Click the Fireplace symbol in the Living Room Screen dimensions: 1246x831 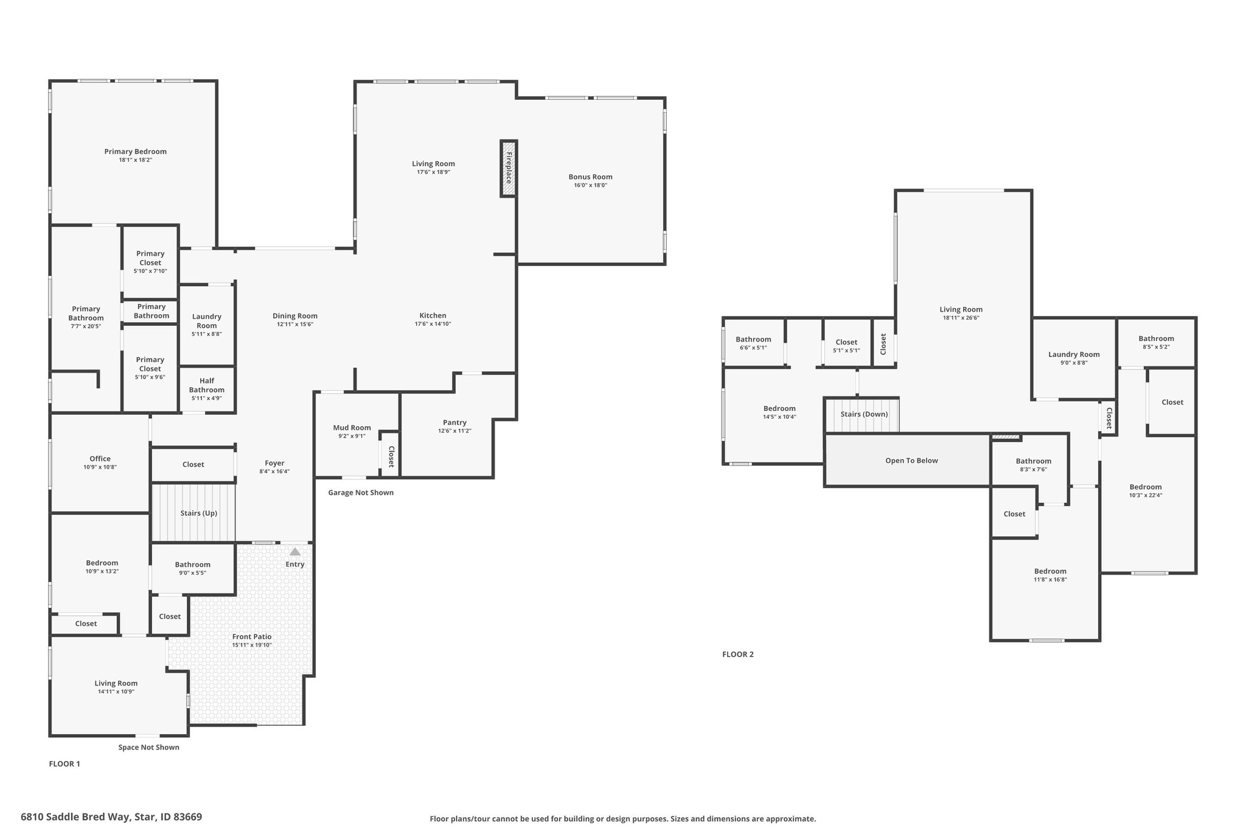tap(509, 169)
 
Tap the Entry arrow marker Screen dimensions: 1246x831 tap(295, 552)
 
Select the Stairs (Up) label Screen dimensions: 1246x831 tap(199, 513)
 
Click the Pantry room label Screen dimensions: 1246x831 tap(455, 423)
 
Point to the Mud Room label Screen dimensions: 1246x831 tap(352, 428)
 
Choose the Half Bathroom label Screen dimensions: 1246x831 tap(207, 385)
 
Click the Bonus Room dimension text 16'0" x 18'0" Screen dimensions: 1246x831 tap(591, 185)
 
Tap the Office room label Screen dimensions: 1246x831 tap(100, 459)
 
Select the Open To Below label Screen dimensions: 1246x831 tap(911, 461)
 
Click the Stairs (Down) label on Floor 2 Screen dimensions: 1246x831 tap(865, 415)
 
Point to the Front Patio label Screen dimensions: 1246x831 tap(252, 637)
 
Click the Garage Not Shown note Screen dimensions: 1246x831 tap(361, 493)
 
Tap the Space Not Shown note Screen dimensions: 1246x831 tap(149, 748)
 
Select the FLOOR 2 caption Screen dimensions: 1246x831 tap(738, 654)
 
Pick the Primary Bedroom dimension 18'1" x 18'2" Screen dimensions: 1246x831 tap(136, 160)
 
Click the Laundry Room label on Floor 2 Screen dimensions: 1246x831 tap(1074, 355)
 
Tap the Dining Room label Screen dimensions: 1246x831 tap(295, 316)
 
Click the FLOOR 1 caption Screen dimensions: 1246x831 tap(64, 764)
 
